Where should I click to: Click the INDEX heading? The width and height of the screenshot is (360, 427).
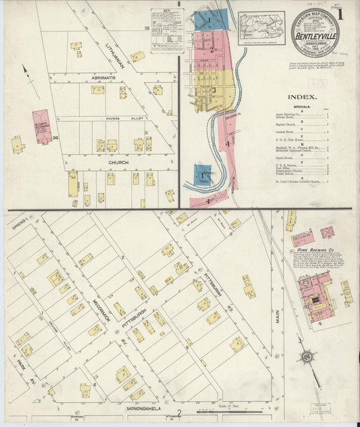coord(306,96)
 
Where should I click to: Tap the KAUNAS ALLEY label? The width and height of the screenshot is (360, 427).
coord(120,119)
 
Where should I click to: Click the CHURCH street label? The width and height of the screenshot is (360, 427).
coord(118,162)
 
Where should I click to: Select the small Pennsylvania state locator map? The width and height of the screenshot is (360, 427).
coord(261,28)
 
